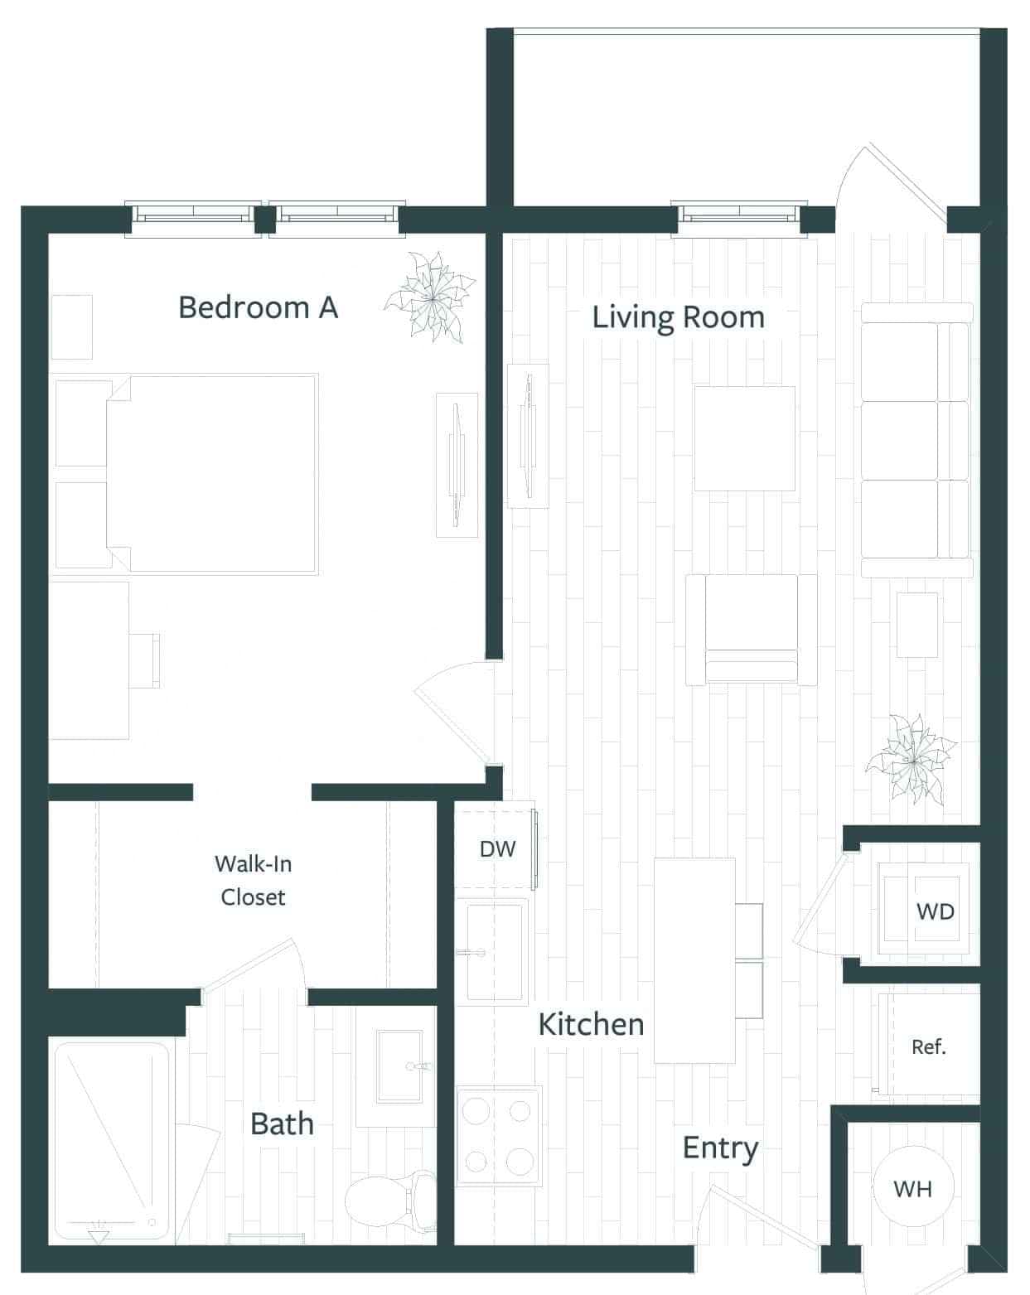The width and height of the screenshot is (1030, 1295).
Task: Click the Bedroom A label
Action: [258, 307]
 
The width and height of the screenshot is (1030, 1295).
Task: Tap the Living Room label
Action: [678, 317]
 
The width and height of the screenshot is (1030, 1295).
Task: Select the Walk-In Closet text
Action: [253, 880]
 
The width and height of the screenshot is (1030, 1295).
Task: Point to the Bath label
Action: [282, 1124]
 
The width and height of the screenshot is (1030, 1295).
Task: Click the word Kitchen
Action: [591, 1025]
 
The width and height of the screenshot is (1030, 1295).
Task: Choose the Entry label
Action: [720, 1148]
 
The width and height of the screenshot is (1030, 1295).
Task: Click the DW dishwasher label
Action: [497, 848]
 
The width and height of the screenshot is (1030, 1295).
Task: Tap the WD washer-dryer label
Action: [935, 911]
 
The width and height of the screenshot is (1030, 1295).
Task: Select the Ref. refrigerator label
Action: [928, 1047]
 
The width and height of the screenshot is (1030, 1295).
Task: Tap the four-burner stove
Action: [498, 1135]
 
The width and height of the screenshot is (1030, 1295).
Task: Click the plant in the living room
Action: [912, 758]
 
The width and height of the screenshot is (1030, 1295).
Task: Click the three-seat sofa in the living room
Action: [915, 440]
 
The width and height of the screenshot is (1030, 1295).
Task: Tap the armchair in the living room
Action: [751, 630]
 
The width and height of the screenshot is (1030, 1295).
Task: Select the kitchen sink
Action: [496, 953]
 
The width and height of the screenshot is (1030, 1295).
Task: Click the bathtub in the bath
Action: [113, 1140]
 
